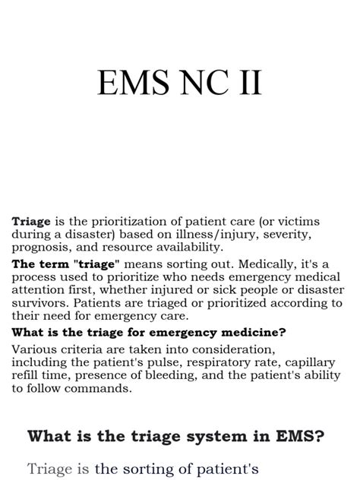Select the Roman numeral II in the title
pyautogui.click(x=248, y=83)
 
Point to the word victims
pyautogui.click(x=295, y=221)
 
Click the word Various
pyautogui.click(x=34, y=349)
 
